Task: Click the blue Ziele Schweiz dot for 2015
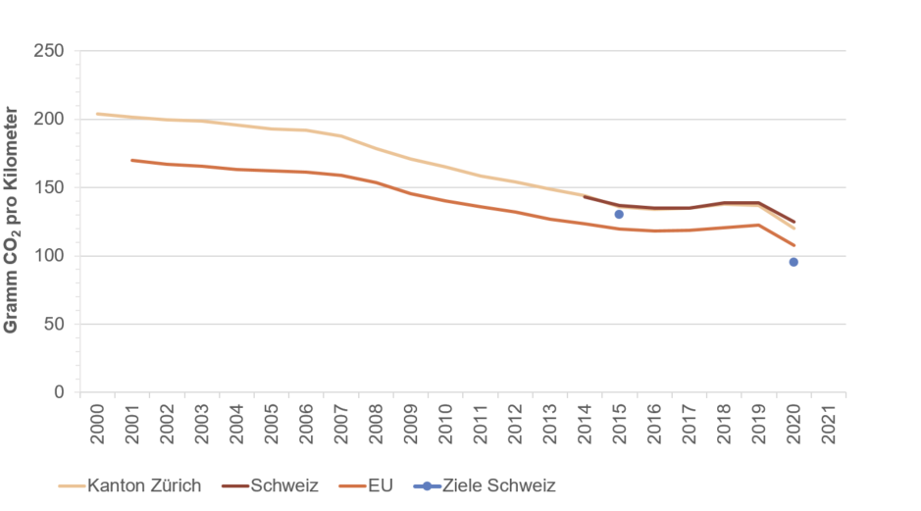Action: coord(619,214)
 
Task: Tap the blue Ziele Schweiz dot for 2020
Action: coord(793,262)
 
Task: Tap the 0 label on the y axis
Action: coord(60,392)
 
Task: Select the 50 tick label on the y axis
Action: coord(54,324)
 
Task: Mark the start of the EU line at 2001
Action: coord(131,160)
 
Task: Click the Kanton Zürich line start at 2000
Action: coord(97,114)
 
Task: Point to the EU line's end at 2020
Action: coord(793,245)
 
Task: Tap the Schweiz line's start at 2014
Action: coord(585,196)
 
